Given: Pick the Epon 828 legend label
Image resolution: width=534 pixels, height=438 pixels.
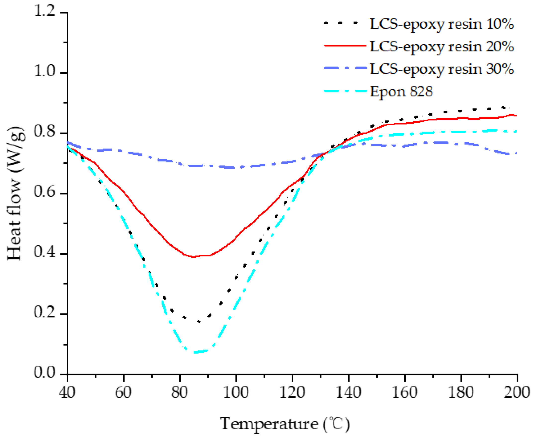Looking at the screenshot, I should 401,92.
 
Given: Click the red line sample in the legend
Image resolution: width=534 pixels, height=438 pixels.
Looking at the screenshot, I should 345,46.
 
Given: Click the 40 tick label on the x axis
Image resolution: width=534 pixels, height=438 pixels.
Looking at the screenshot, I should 67,392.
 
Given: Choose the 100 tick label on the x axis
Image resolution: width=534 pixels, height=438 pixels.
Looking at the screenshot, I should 236,392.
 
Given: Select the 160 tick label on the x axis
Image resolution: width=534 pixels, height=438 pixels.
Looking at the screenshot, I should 404,392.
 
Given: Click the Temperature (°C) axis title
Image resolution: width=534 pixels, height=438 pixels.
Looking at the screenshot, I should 285,424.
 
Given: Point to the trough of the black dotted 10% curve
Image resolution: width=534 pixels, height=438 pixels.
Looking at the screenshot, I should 199,321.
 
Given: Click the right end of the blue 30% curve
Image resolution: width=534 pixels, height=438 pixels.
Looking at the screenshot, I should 516,153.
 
